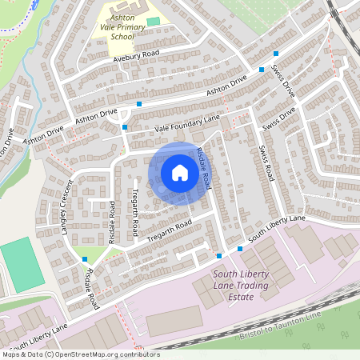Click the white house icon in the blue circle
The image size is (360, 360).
click(x=180, y=173)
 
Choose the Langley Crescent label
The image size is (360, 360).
click(x=62, y=200)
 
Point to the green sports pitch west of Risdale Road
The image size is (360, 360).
click(x=22, y=264)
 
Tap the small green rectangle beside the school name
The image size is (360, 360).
click(x=153, y=21)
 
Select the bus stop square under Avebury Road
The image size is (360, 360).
click(x=139, y=104)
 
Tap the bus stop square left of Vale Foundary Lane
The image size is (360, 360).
click(x=125, y=127)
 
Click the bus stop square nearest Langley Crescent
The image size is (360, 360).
click(x=85, y=259)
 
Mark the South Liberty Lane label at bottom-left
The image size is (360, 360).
click(x=38, y=339)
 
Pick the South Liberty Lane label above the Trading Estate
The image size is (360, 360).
click(x=276, y=229)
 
